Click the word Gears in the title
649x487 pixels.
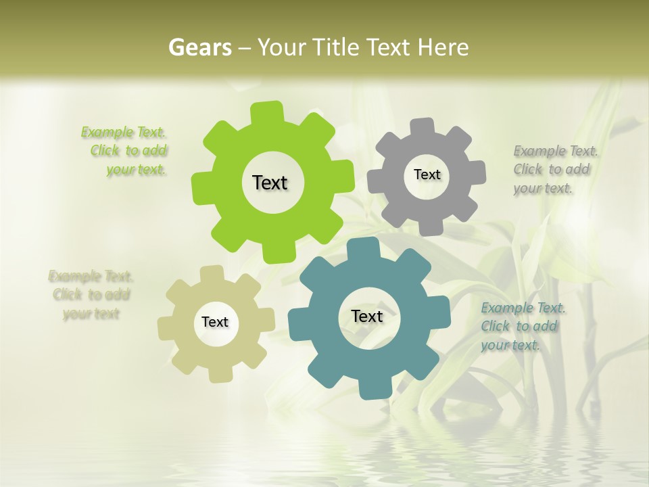click(x=199, y=47)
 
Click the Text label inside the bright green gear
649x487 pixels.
click(x=270, y=183)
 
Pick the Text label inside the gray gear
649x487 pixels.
click(x=427, y=175)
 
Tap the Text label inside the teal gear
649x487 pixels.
click(x=367, y=316)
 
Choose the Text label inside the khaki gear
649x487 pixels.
click(x=215, y=322)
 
